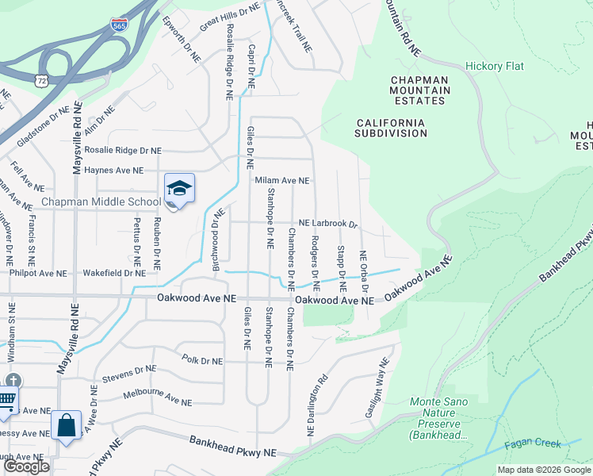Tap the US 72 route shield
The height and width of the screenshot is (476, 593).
point(40,80)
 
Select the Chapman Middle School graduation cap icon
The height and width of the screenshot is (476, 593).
point(179,189)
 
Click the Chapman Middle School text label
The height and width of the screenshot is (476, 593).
point(101,202)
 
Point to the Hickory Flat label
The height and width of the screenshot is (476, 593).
point(495,66)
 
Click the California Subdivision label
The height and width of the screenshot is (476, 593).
point(391,128)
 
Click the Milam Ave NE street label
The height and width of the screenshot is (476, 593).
point(281,180)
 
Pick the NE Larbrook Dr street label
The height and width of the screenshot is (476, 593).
point(328,225)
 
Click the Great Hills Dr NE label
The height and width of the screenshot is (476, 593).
point(230,17)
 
